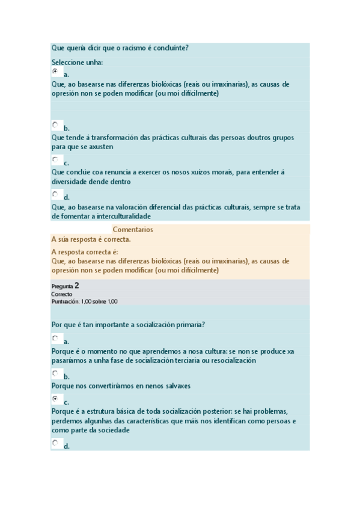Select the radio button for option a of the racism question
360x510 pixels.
tap(55, 72)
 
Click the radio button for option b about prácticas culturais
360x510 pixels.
tap(55, 125)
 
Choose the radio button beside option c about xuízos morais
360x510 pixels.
tap(55, 160)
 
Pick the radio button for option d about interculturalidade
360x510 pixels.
tap(55, 194)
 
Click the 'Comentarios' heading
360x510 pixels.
tap(133, 230)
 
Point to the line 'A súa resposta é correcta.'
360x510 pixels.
tap(91, 239)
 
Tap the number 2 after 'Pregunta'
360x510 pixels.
tap(77, 286)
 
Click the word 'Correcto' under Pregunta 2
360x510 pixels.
tap(62, 295)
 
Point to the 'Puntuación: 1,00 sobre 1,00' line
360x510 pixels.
tap(85, 301)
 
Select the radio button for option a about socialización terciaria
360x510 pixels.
tap(55, 339)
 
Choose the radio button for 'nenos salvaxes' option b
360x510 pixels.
tap(55, 373)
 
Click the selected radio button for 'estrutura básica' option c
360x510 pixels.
tap(55, 399)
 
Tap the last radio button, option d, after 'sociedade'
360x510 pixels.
tap(55, 443)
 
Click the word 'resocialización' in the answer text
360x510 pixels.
tap(231, 361)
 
